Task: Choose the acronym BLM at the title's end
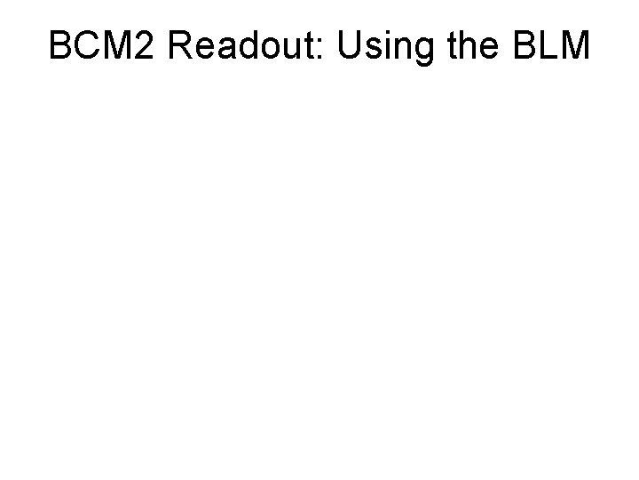coord(550,45)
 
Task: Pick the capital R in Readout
coord(180,45)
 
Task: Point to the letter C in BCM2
coord(88,45)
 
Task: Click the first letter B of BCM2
coord(61,45)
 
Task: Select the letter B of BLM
coord(523,45)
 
